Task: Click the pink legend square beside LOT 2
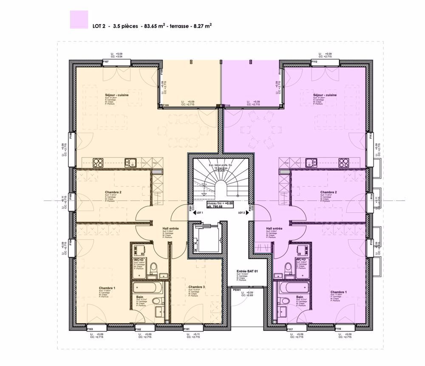click(x=79, y=20)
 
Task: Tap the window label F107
click(x=106, y=62)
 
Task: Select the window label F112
click(x=314, y=62)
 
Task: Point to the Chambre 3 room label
click(x=197, y=287)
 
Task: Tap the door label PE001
click(x=237, y=290)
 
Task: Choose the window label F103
click(x=90, y=329)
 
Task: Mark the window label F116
click(x=338, y=329)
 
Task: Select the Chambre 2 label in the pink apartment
click(x=329, y=192)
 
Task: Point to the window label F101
click(x=186, y=329)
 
